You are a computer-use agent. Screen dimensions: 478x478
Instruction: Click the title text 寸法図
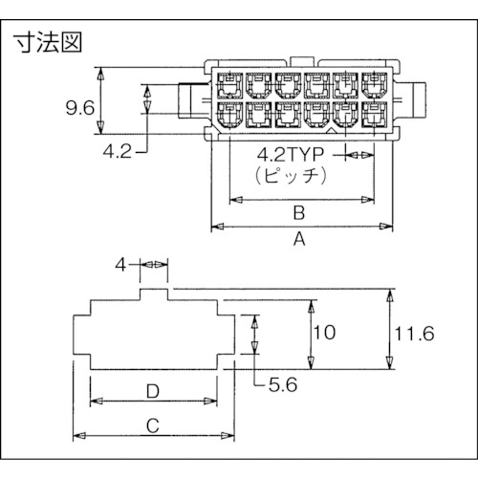[48, 42]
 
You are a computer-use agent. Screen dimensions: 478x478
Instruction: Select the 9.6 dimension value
[78, 108]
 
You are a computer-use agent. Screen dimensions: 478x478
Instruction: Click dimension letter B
[297, 212]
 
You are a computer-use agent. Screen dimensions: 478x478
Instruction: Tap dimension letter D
[153, 392]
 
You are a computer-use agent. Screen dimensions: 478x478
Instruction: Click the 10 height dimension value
[326, 333]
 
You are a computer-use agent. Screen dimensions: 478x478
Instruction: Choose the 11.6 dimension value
[413, 333]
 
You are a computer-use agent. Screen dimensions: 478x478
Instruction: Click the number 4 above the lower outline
[120, 263]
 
